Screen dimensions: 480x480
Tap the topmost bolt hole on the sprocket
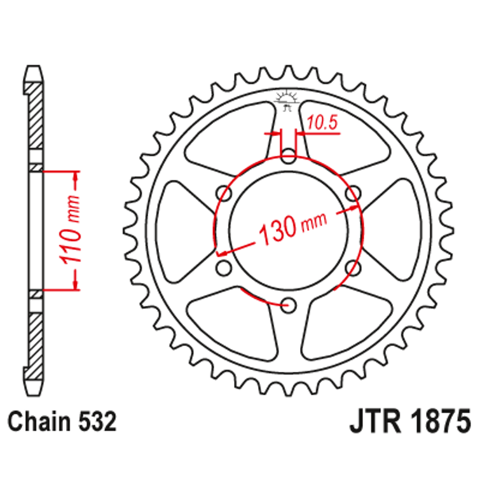289,154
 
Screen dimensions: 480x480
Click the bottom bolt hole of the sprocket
289,306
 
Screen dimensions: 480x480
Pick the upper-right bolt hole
354,193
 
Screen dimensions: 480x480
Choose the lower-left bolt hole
223,268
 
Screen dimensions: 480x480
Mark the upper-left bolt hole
223,193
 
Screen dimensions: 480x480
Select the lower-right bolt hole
354,268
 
